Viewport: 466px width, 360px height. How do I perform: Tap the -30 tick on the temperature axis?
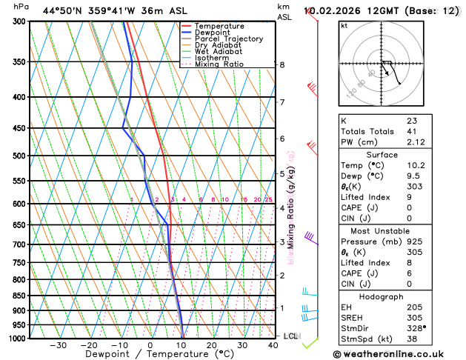58,345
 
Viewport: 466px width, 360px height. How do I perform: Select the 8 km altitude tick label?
282,65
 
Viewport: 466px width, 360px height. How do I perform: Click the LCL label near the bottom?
291,336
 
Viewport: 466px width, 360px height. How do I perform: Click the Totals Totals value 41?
412,131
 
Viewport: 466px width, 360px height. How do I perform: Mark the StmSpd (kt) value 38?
412,339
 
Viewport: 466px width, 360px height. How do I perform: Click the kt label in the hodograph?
344,25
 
